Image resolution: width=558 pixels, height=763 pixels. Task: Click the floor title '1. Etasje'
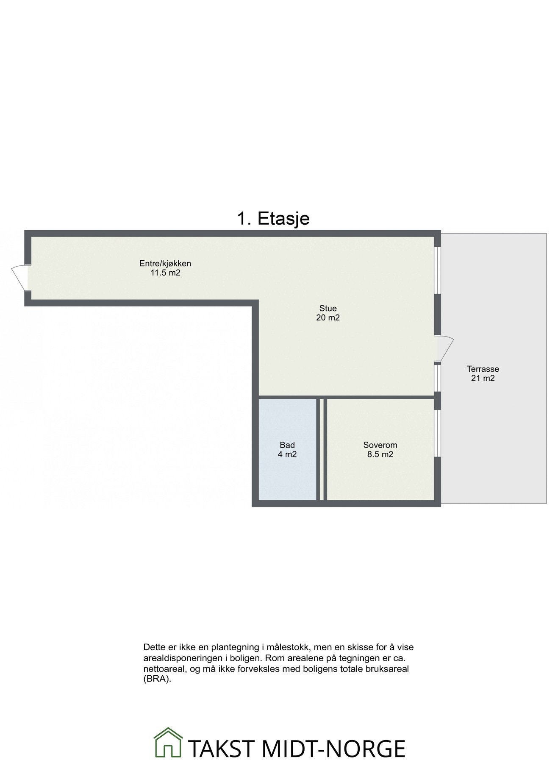273,219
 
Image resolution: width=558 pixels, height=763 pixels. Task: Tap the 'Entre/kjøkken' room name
165,263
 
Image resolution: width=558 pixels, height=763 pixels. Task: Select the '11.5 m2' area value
165,273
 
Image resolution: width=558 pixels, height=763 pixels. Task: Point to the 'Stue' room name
328,308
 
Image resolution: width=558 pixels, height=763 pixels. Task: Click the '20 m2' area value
328,317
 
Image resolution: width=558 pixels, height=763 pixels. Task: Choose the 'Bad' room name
287,445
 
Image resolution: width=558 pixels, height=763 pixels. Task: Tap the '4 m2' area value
287,454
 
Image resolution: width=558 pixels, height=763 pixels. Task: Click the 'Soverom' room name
380,445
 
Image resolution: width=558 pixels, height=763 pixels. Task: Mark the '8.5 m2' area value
380,454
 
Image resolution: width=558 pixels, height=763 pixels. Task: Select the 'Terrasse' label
483,369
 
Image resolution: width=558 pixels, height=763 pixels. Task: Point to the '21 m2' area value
483,379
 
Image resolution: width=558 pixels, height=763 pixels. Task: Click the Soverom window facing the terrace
438,433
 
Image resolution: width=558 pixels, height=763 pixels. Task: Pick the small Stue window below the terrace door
438,377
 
